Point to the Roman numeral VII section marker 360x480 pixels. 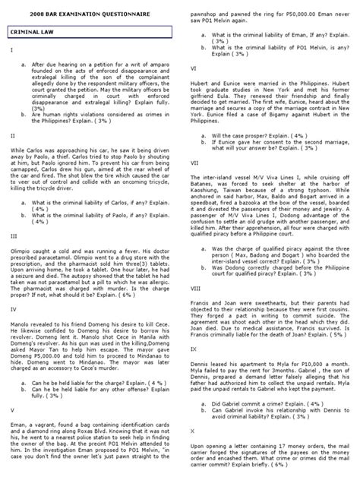(x=194, y=162)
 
